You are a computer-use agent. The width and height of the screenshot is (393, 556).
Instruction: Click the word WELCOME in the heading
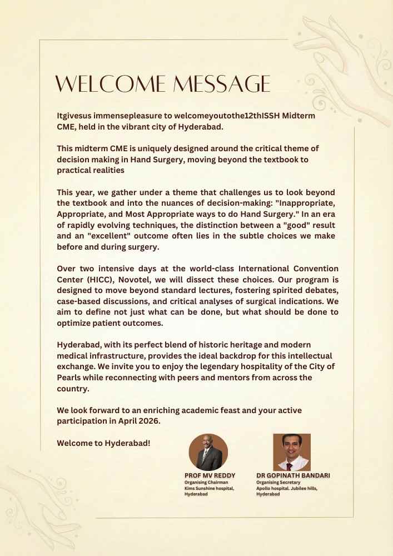[x=110, y=84]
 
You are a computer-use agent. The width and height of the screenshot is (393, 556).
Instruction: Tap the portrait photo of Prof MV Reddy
[x=208, y=452]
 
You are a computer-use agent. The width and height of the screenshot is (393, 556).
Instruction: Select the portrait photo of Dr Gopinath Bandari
[x=292, y=452]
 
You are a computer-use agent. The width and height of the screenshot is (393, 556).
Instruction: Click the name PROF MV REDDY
[x=210, y=476]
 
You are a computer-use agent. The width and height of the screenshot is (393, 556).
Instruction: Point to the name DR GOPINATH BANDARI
[x=293, y=476]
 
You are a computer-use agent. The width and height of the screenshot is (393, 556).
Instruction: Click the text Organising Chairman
[x=206, y=483]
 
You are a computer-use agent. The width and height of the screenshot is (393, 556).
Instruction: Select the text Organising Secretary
[x=278, y=483]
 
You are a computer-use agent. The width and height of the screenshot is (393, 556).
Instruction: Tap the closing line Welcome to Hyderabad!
[x=104, y=443]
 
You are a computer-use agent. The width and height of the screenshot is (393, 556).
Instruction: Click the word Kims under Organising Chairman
[x=191, y=488]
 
